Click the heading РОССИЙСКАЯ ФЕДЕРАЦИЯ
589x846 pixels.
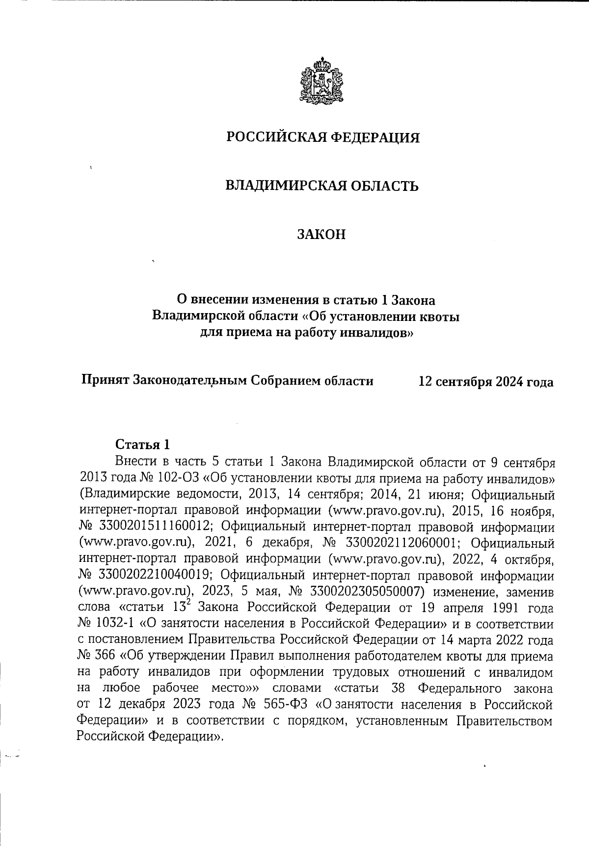[322, 138]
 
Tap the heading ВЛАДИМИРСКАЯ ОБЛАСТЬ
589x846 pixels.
[321, 186]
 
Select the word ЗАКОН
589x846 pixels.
[321, 235]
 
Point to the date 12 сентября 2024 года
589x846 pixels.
[485, 381]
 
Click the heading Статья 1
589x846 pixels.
[142, 445]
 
